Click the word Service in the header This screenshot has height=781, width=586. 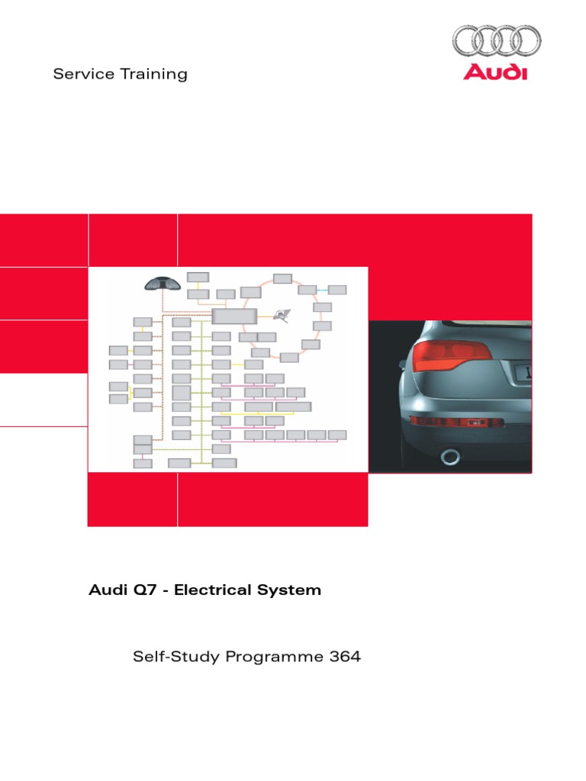click(x=79, y=74)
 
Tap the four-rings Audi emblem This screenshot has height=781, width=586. click(x=496, y=40)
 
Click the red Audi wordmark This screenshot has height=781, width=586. click(x=496, y=72)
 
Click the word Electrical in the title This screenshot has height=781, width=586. click(x=211, y=590)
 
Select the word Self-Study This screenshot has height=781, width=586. click(x=175, y=657)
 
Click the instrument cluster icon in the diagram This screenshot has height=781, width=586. click(x=162, y=284)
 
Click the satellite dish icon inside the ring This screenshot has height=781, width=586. click(x=284, y=314)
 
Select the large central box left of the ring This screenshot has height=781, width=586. click(x=235, y=317)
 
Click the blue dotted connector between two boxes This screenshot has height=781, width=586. click(x=322, y=290)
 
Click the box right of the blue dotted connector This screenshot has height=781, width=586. click(x=337, y=290)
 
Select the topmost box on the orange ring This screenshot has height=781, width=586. click(x=282, y=278)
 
